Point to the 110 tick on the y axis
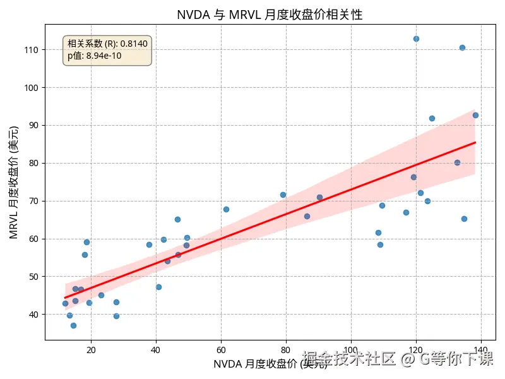pyautogui.click(x=30, y=50)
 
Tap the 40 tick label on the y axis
pyautogui.click(x=33, y=315)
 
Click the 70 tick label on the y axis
pyautogui.click(x=33, y=201)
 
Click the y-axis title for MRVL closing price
pyautogui.click(x=14, y=183)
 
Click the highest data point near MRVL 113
pyautogui.click(x=416, y=39)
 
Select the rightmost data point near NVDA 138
pyautogui.click(x=475, y=115)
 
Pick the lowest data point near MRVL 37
pyautogui.click(x=73, y=325)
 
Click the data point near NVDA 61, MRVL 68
pyautogui.click(x=226, y=209)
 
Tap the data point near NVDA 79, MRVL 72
pyautogui.click(x=283, y=195)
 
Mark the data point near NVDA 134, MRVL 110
pyautogui.click(x=462, y=47)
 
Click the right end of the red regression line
pyautogui.click(x=475, y=143)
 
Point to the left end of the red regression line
pyautogui.click(x=66, y=298)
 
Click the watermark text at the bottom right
pyautogui.click(x=398, y=359)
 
